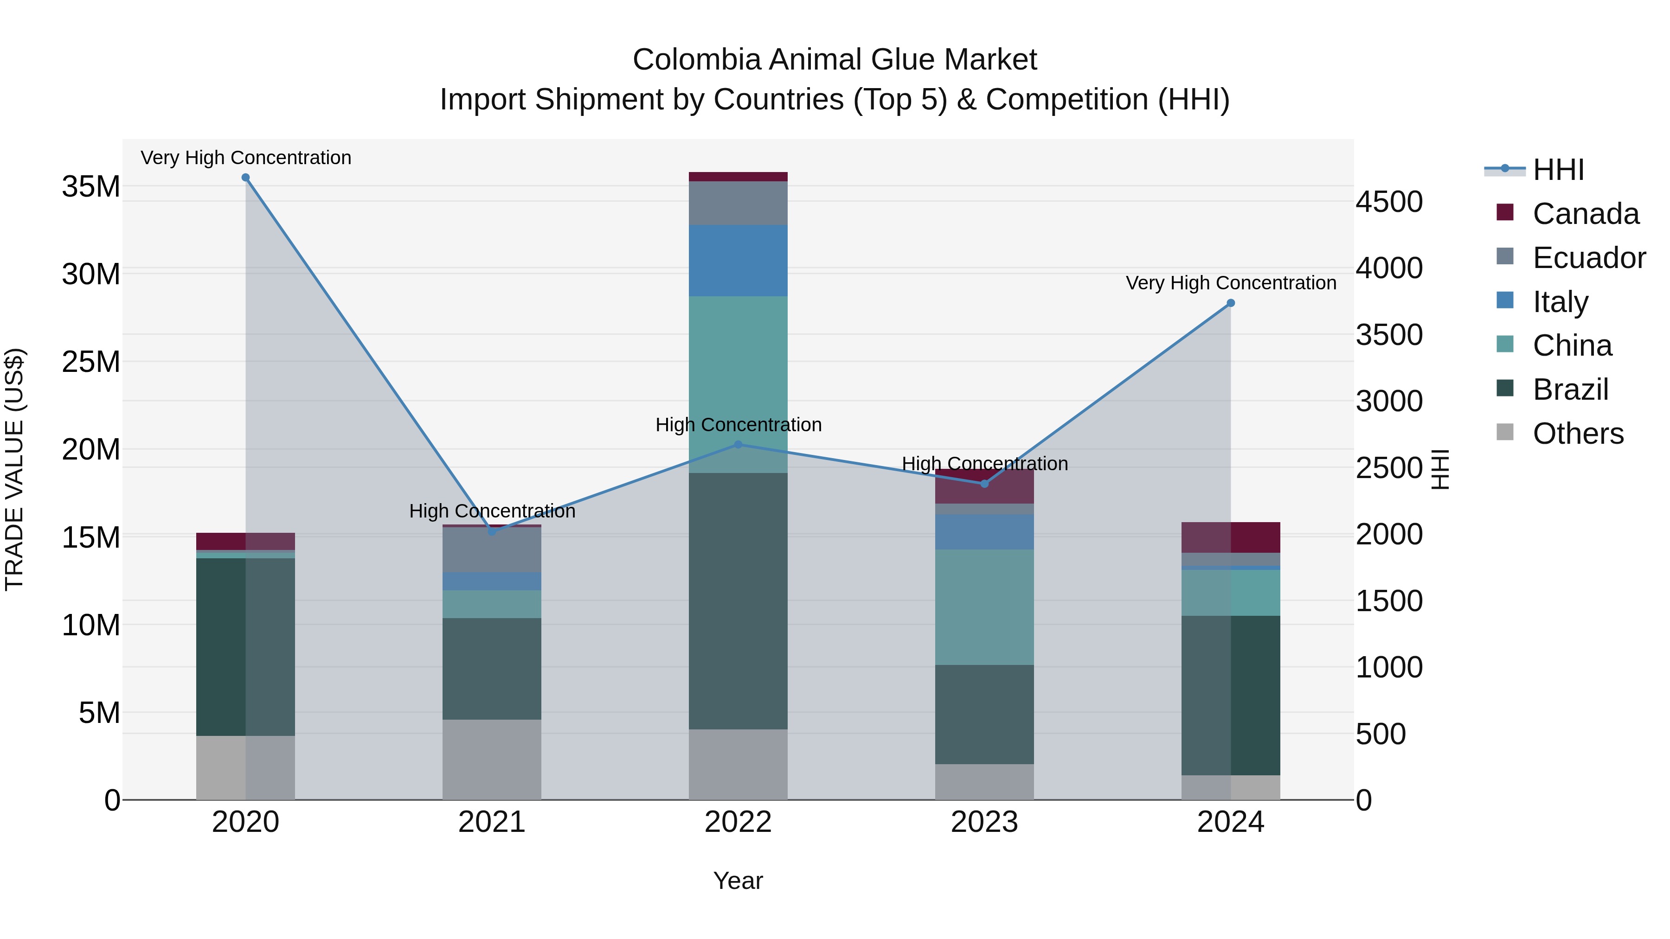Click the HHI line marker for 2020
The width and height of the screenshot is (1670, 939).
point(246,178)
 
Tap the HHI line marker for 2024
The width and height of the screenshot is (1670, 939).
point(1230,303)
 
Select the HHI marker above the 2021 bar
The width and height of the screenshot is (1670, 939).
point(492,531)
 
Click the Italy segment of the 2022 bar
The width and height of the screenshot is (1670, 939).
point(738,261)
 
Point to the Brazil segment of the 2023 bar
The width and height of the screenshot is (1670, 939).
point(984,714)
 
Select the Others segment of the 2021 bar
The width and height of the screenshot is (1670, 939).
point(492,760)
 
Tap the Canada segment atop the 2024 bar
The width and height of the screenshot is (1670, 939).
point(1230,537)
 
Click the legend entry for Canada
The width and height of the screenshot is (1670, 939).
point(1585,214)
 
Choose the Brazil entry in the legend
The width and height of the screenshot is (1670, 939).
point(1570,390)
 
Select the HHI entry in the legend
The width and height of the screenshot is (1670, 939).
point(1558,170)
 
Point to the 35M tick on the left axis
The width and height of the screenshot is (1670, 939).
point(91,186)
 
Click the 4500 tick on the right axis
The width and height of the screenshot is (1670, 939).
point(1389,202)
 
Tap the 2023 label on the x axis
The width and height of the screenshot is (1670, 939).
point(984,822)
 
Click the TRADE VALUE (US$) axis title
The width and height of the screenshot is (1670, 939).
point(14,469)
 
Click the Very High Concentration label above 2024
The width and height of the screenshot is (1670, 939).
point(1230,283)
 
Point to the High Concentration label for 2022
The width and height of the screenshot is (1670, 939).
point(738,425)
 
